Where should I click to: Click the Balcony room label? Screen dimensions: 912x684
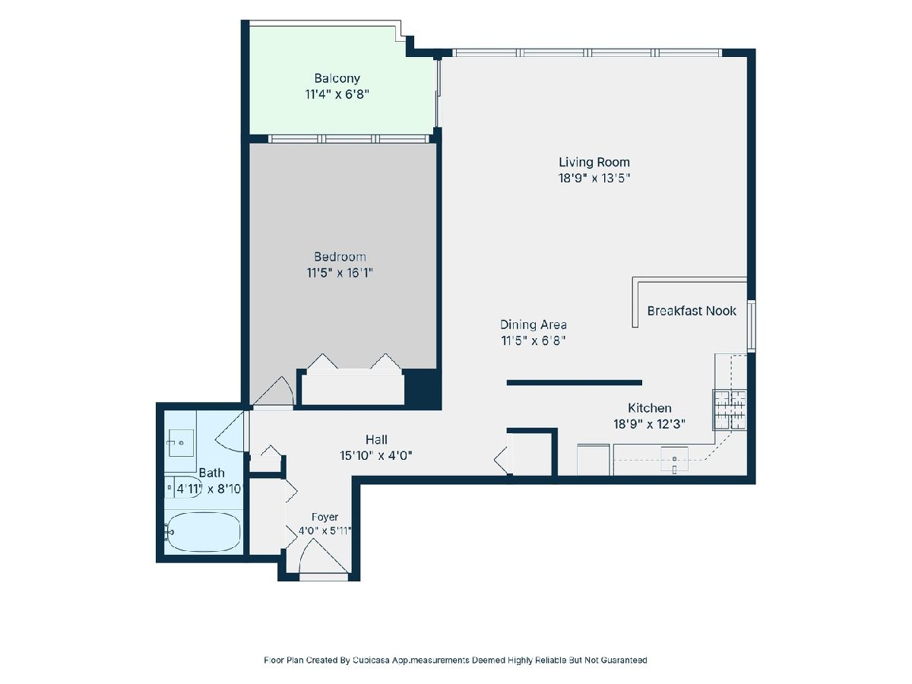[337, 78]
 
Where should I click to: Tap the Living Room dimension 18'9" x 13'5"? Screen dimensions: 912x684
[594, 178]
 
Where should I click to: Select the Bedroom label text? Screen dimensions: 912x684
[340, 257]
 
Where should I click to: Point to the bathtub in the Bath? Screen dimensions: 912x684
[203, 532]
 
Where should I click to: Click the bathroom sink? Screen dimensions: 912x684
[180, 443]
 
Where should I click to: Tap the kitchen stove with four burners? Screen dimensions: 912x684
[730, 410]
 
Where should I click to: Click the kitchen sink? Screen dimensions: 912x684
[674, 460]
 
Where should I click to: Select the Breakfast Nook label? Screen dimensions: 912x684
[692, 311]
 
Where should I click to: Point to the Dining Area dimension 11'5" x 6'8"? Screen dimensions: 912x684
[533, 341]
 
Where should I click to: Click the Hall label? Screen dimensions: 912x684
[376, 439]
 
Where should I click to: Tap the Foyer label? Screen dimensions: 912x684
[325, 517]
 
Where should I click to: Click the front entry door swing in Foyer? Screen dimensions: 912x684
[324, 556]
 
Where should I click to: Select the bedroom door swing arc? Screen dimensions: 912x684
[274, 391]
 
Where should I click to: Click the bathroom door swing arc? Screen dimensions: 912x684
[230, 432]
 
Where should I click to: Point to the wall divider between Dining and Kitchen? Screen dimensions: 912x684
[575, 383]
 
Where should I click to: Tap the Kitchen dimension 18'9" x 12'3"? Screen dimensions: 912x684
[649, 424]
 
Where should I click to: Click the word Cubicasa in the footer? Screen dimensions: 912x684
[371, 660]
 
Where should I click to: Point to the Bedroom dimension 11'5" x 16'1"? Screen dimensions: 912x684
[340, 273]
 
